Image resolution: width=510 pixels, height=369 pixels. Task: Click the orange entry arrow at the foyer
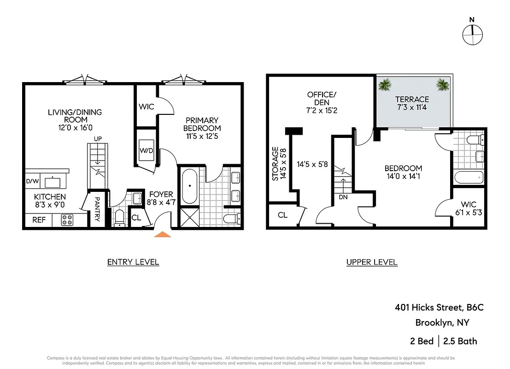pyautogui.click(x=162, y=234)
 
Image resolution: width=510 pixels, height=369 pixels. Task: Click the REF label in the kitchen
pyautogui.click(x=39, y=220)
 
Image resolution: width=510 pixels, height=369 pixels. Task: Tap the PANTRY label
pyautogui.click(x=97, y=210)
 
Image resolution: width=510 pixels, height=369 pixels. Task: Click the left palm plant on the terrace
pyautogui.click(x=384, y=84)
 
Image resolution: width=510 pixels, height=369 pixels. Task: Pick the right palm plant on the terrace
pyautogui.click(x=443, y=84)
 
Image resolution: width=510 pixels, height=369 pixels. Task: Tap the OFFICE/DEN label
pyautogui.click(x=322, y=99)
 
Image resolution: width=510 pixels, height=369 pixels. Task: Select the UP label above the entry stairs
pyautogui.click(x=98, y=138)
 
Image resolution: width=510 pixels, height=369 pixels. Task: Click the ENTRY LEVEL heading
pyautogui.click(x=133, y=262)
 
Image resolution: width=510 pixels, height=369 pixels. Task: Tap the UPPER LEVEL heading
pyautogui.click(x=372, y=262)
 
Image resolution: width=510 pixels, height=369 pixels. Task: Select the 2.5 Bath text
pyautogui.click(x=460, y=341)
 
